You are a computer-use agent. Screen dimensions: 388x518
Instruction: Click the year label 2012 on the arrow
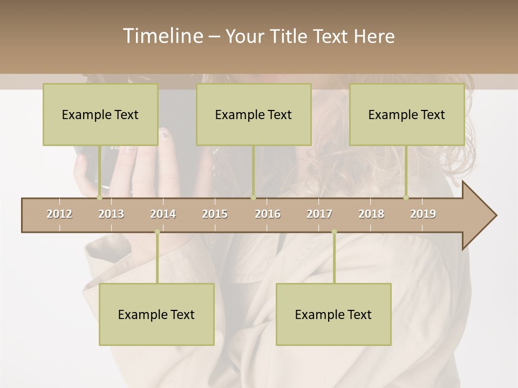59,214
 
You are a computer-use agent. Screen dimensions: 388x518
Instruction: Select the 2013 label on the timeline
111,214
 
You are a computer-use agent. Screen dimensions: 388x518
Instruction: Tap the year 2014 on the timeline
163,214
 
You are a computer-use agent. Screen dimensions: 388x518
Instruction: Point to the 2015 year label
215,214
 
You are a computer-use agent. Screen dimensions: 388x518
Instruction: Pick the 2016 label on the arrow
268,214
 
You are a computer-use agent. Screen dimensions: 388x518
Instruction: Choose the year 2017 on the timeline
319,214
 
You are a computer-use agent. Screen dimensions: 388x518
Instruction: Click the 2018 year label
371,214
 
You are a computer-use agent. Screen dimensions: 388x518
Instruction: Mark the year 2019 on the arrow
423,214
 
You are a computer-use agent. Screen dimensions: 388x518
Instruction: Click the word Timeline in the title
161,36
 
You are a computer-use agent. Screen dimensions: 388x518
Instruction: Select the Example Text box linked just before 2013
100,114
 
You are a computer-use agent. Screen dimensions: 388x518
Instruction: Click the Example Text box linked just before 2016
254,114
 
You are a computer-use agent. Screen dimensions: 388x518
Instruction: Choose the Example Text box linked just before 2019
407,114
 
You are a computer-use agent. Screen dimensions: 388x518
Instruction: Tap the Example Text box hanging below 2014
156,314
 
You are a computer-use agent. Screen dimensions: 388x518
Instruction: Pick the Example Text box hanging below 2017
333,314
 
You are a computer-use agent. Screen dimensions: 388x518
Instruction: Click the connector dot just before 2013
100,197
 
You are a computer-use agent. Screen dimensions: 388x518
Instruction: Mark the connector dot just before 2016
253,197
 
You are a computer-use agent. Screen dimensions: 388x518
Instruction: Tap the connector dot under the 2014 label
157,232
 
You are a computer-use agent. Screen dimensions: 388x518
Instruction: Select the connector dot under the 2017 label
334,232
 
